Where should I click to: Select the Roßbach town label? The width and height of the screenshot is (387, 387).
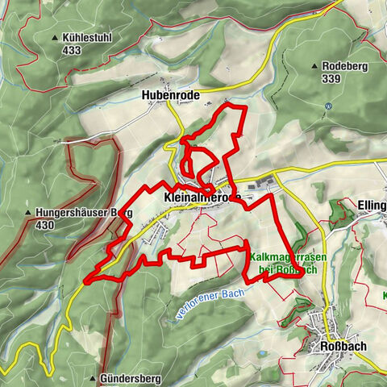(x=337, y=347)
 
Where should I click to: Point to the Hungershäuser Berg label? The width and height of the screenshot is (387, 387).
(x=83, y=213)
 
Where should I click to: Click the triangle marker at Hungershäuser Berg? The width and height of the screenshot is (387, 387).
(x=28, y=214)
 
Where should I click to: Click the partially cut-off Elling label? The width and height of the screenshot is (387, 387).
(x=370, y=206)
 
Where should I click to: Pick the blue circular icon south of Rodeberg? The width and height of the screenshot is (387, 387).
(x=329, y=106)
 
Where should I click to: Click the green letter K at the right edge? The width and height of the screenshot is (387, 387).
(x=383, y=295)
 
